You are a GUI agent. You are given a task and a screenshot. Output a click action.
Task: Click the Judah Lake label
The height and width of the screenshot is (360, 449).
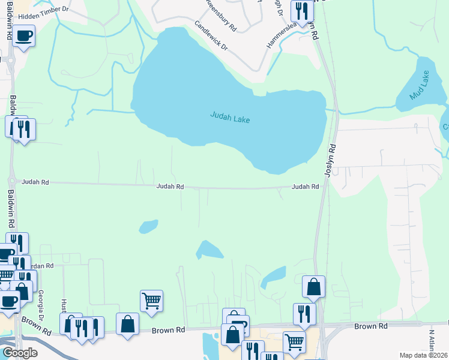[230, 118]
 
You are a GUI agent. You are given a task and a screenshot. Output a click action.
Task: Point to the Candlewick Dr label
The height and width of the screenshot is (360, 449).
[211, 36]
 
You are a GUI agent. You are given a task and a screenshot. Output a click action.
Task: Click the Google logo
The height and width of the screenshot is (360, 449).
[20, 353]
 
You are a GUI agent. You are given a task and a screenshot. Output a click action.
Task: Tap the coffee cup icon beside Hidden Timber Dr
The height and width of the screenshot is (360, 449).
[23, 36]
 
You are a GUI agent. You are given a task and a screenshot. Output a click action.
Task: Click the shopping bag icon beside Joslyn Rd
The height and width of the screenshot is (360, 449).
[313, 286]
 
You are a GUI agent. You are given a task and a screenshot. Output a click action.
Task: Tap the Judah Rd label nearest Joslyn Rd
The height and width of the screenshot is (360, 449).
[305, 187]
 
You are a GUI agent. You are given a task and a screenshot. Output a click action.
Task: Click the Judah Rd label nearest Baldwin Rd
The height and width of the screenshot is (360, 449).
[35, 181]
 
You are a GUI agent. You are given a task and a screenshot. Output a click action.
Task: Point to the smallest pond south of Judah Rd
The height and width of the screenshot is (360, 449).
[148, 226]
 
